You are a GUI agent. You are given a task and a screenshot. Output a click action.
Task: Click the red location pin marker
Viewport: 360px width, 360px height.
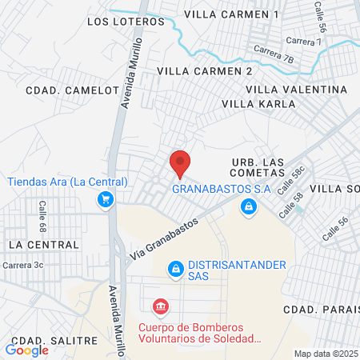[x=181, y=162]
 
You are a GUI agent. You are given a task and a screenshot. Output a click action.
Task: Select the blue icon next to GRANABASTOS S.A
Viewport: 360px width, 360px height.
[x=250, y=207]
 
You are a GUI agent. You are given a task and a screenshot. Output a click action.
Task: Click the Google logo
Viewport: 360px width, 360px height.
[x=26, y=350]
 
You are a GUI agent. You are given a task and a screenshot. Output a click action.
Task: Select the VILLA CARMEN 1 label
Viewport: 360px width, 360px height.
[x=230, y=14]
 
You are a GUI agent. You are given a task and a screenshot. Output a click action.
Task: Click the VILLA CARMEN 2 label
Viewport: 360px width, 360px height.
[x=205, y=71]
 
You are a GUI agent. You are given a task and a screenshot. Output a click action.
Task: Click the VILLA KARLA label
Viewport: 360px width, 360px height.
[x=254, y=104]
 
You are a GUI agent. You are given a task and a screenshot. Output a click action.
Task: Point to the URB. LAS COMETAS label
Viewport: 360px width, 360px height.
[x=258, y=167]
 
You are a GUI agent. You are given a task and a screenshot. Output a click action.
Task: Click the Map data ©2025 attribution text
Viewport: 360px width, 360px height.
[x=326, y=354]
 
